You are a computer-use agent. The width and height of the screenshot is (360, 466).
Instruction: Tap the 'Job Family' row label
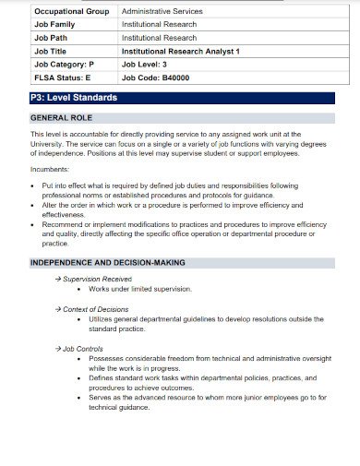[x=54, y=25]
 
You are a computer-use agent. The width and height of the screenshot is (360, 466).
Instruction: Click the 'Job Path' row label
[x=51, y=39]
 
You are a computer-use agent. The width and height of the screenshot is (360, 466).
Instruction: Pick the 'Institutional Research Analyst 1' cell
[x=180, y=53]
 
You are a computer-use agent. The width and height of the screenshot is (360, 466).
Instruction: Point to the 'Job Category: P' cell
[x=64, y=66]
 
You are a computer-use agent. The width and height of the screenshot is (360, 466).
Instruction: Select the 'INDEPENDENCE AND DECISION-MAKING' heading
[x=108, y=263]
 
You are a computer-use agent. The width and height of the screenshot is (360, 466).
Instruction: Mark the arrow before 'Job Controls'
[x=58, y=349]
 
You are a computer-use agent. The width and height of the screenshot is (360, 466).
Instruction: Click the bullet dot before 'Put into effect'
[x=34, y=185]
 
